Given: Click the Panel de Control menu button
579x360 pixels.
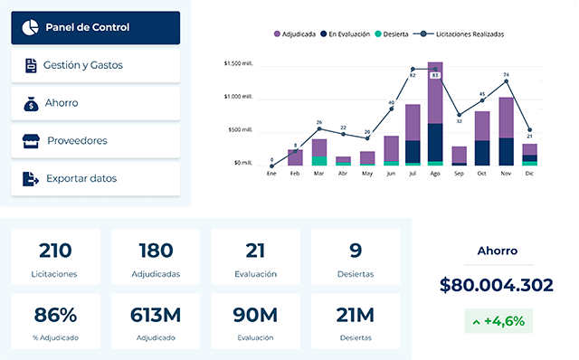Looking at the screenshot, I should click(95, 27).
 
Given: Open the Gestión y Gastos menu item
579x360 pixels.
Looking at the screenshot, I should click(95, 65).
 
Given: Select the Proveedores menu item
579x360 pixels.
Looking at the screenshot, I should click(95, 141).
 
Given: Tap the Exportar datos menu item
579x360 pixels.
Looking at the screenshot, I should click(95, 179).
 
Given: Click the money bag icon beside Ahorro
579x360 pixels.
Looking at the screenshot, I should click(30, 103).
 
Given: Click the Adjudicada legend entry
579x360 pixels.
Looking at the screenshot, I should click(295, 34).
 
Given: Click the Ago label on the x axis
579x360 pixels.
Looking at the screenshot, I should click(435, 174).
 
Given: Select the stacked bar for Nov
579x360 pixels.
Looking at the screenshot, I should click(506, 132).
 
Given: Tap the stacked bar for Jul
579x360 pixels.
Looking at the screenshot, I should click(413, 136).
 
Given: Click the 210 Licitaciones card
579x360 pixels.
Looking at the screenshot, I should click(55, 258).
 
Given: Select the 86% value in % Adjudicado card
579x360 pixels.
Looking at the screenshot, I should click(55, 315).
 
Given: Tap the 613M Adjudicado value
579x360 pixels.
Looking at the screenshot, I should click(156, 315).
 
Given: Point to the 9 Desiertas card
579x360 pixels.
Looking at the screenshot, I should click(356, 258).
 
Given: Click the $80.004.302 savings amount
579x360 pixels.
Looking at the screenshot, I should click(496, 285).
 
